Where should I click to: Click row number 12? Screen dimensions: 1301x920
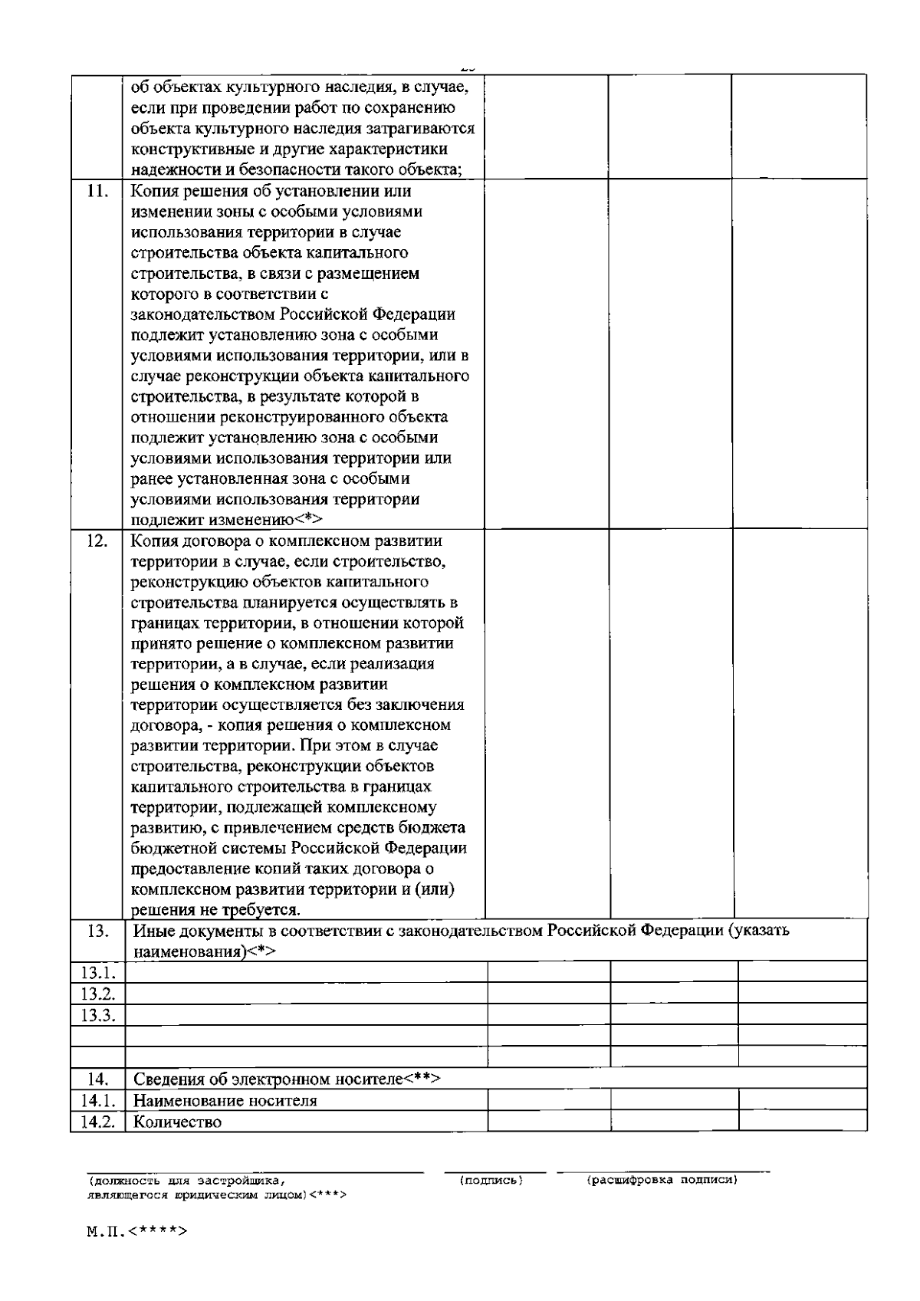pos(97,541)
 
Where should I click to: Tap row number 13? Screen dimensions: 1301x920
pos(97,931)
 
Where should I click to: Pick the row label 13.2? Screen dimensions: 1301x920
pos(97,994)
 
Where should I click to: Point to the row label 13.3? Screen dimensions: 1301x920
pos(97,1015)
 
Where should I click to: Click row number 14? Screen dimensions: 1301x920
pos(97,1079)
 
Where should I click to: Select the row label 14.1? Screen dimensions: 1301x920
pos(97,1101)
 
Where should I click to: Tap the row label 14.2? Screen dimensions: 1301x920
pos(97,1122)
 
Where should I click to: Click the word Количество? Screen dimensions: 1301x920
pos(177,1122)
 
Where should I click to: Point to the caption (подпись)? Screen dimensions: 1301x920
pos(491,1180)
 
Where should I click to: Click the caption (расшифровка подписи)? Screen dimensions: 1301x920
pos(662,1180)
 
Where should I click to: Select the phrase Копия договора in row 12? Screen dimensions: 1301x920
pos(186,541)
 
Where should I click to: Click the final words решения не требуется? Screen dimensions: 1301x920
pos(215,910)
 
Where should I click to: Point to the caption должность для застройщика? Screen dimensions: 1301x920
pos(188,1181)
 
